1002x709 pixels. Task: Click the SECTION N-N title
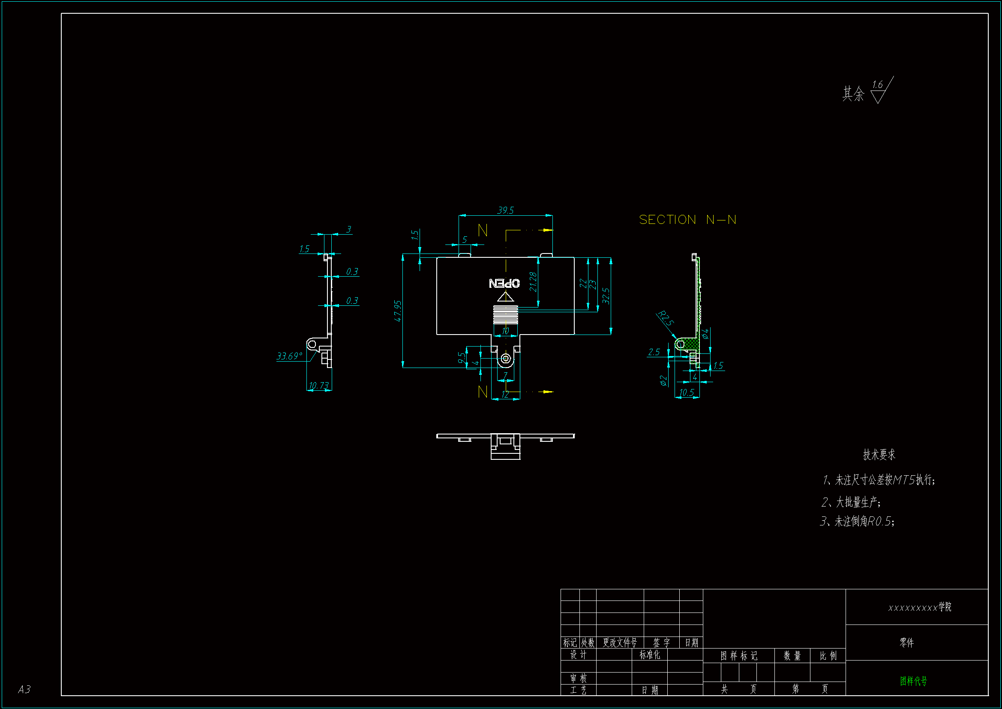point(687,220)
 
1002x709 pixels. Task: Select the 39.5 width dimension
point(505,211)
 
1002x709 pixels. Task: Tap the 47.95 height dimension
point(398,311)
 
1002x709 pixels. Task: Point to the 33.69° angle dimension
point(289,356)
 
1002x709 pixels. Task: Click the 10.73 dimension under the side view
point(318,386)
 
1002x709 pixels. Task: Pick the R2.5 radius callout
point(666,318)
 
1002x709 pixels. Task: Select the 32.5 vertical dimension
point(606,296)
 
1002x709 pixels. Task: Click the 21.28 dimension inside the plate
point(533,282)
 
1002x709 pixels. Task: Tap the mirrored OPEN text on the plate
point(504,284)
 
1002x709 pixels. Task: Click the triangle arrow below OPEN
point(505,298)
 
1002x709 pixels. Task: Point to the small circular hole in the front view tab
point(505,359)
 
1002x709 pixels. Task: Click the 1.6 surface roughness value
point(877,85)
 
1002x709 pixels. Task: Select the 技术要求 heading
point(879,455)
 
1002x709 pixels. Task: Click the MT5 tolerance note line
point(879,480)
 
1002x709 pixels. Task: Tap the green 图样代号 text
point(913,681)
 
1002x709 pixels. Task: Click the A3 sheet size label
point(24,689)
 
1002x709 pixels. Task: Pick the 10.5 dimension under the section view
point(687,393)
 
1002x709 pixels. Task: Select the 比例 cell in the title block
point(828,656)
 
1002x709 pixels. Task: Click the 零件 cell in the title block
point(906,643)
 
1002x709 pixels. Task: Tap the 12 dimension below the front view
point(505,395)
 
